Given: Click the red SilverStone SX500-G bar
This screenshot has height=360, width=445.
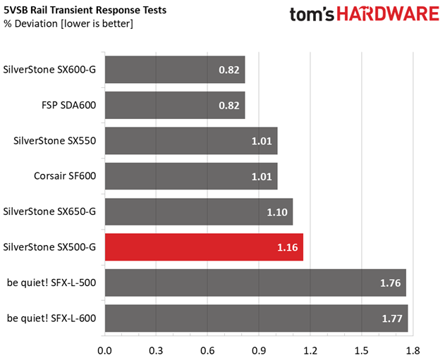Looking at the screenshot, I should click(x=204, y=247).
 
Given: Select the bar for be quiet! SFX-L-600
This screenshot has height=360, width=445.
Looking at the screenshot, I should click(x=256, y=318).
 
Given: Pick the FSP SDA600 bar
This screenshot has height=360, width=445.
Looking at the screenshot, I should click(x=175, y=106).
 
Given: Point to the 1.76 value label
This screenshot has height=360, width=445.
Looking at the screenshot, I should click(x=391, y=283).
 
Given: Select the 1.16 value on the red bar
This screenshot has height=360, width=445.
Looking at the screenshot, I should click(x=288, y=247).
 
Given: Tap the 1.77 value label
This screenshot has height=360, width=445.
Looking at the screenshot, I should click(x=392, y=318).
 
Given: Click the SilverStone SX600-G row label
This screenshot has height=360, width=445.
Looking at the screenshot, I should click(x=50, y=70).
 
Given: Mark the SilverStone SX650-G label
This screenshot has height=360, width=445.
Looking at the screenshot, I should click(x=50, y=211).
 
